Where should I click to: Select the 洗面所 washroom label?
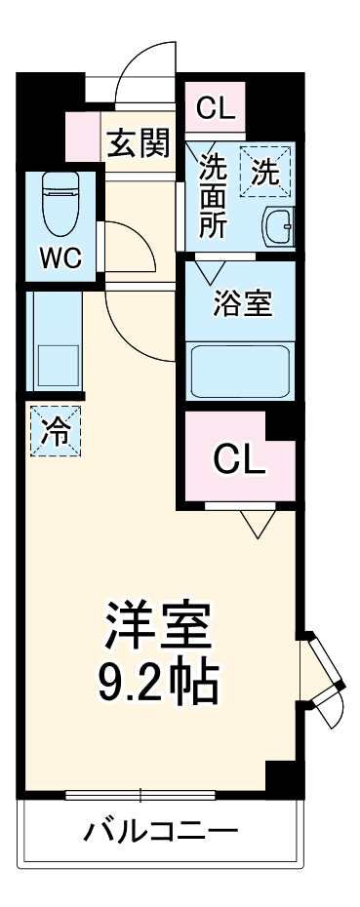[x=213, y=194]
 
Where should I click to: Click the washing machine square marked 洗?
[x=266, y=172]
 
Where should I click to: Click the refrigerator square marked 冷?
[x=57, y=430]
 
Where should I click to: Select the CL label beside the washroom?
[x=216, y=108]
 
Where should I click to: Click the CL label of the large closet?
[x=239, y=458]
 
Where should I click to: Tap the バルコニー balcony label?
[x=161, y=834]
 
